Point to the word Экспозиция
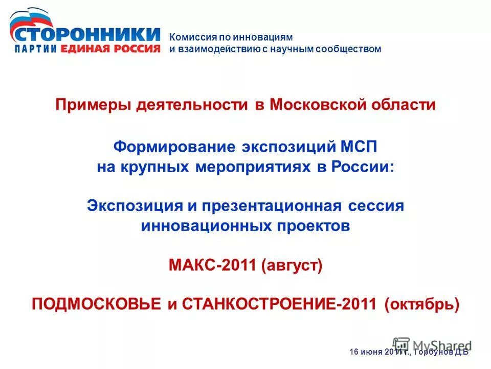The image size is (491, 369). click(135, 206)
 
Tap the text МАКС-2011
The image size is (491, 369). click(211, 266)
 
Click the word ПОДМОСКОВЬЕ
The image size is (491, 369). click(97, 304)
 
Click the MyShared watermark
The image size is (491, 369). click(432, 344)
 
